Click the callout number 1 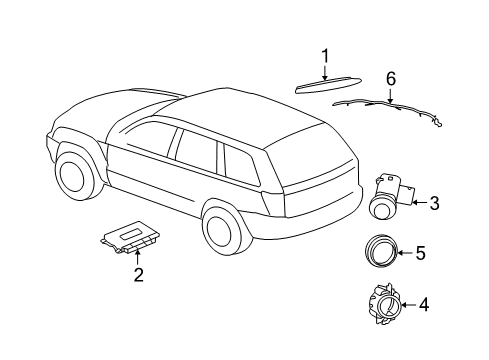[325, 55]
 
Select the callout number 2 [139, 274]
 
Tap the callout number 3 [434, 204]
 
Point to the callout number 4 [424, 304]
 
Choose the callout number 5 [420, 254]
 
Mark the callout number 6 [391, 78]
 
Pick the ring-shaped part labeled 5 [380, 252]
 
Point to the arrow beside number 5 [404, 253]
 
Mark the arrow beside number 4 [405, 304]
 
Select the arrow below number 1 [325, 72]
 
